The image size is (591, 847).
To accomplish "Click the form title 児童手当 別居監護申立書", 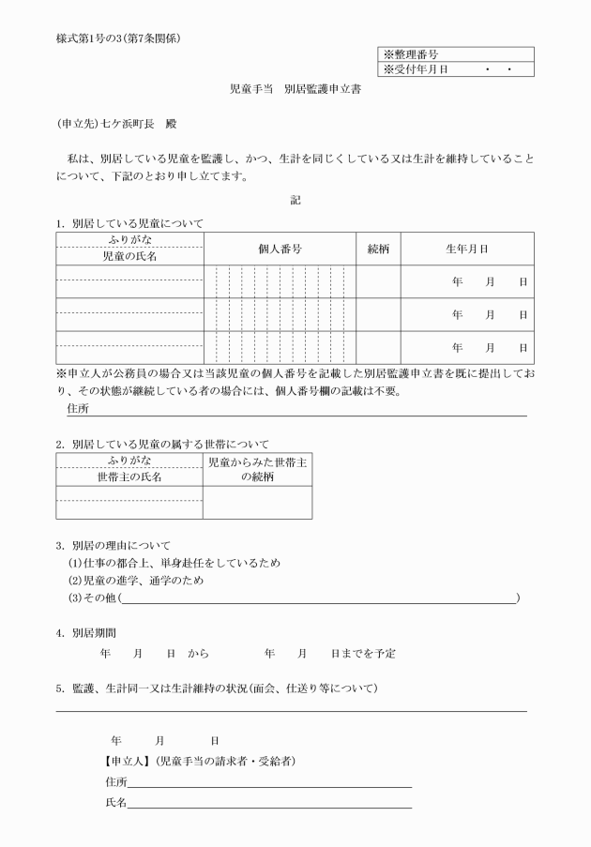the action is pos(295,91).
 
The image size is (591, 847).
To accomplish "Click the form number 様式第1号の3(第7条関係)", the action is pos(118,38).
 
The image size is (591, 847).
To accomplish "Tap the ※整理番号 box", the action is pos(456,55).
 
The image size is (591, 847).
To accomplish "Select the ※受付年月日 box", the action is pos(456,69).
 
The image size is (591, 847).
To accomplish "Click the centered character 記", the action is pos(295,199).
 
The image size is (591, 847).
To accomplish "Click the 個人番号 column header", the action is pos(280,250).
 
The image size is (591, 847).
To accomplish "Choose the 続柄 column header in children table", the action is pos(378,250).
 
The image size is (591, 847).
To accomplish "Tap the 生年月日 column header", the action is pos(466,250).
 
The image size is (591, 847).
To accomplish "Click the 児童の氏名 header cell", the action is pos(129,256).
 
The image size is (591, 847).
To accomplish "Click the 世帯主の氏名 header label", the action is pos(129,476).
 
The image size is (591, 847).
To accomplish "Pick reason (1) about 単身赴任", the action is pos(174,563).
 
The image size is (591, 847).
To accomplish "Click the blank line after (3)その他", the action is pos(319,598).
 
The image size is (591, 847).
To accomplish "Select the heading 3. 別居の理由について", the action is pos(114,545).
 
